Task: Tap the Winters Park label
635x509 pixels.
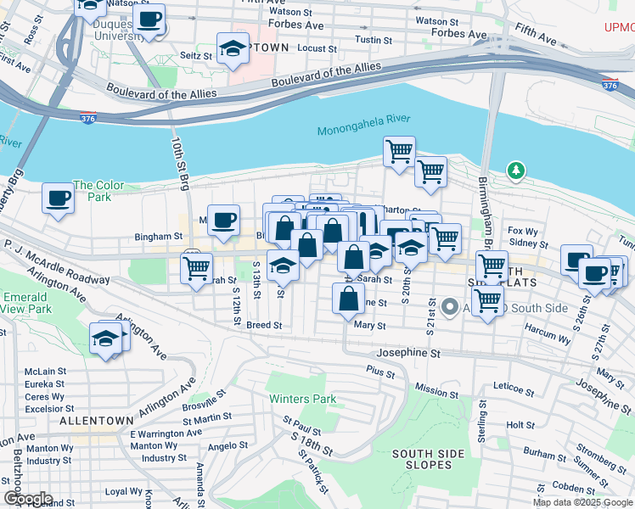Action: (x=302, y=399)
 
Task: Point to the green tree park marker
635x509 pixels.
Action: (x=515, y=171)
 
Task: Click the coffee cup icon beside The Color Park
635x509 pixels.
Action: (x=58, y=199)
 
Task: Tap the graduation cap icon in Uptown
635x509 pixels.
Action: (x=233, y=49)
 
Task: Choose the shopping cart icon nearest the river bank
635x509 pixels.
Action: (x=399, y=153)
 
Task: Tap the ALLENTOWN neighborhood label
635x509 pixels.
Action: (x=96, y=420)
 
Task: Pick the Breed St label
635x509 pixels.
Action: (x=264, y=325)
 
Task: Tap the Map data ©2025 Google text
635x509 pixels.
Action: (x=582, y=502)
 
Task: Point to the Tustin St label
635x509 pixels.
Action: (x=374, y=40)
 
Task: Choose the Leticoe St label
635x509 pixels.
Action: (x=513, y=386)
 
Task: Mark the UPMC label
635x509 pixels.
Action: (x=619, y=27)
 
